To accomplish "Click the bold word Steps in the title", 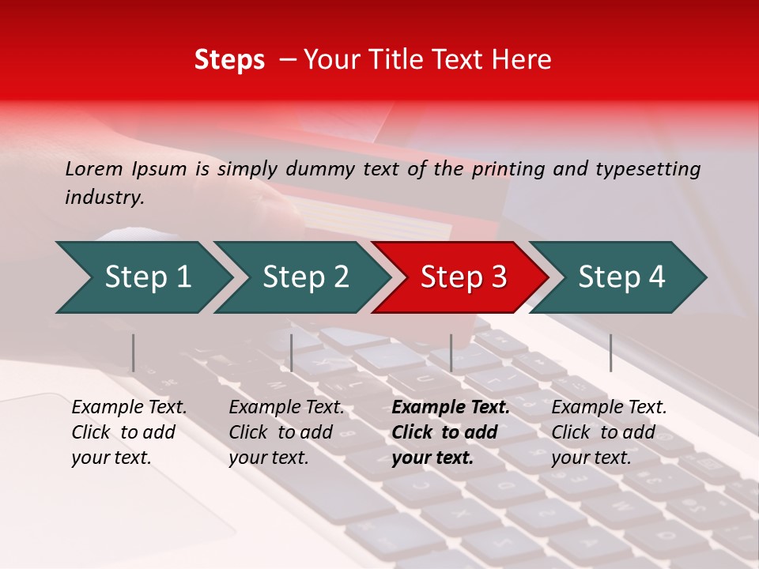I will coord(229,60).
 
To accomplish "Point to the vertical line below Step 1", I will coord(133,352).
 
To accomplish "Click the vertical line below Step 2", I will coord(292,352).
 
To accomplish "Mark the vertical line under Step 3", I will coord(451,352).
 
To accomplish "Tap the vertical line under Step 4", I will coord(610,352).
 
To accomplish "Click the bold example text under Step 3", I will coord(450,432).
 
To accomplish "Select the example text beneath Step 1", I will coord(129,432).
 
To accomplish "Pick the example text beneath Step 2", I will coord(286,432).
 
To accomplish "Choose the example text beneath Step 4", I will coord(609,432).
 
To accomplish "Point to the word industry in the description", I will coord(104,198).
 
